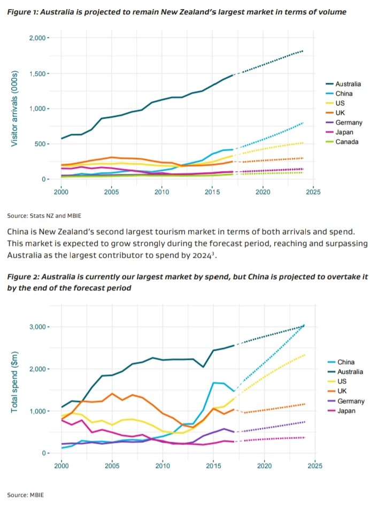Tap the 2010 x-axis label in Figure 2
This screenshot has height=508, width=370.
[x=162, y=466]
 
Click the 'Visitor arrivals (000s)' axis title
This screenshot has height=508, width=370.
[x=14, y=108]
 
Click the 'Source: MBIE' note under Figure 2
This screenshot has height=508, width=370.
[x=25, y=495]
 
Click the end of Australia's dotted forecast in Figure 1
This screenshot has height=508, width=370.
[x=303, y=51]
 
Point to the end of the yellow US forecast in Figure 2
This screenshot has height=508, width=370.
[x=305, y=355]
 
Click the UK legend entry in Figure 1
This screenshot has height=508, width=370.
[x=341, y=113]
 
